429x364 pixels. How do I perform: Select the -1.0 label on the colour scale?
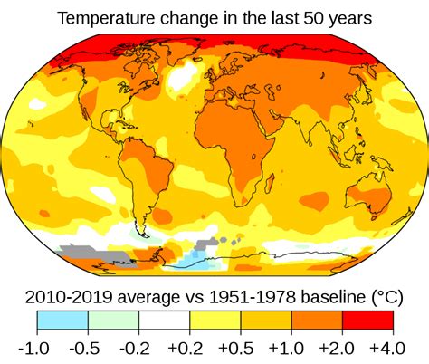(x=36, y=349)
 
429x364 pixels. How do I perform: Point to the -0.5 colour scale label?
(x=88, y=349)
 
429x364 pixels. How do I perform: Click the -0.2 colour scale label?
(x=138, y=349)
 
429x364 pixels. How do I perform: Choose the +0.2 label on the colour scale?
(x=189, y=349)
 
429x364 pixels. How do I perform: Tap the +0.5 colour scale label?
(x=240, y=349)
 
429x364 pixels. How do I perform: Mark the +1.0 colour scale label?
(x=291, y=349)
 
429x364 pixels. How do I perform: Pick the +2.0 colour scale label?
(x=342, y=349)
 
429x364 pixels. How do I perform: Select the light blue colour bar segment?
(x=62, y=321)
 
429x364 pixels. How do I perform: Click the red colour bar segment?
(x=367, y=321)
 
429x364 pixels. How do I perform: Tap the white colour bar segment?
(x=164, y=321)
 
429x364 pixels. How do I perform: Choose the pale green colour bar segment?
(x=113, y=321)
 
